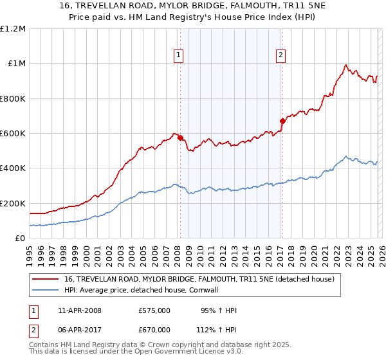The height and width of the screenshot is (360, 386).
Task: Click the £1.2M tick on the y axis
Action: (13, 28)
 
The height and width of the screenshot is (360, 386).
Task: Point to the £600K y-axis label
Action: (13, 133)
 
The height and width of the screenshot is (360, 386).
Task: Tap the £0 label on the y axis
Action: (19, 238)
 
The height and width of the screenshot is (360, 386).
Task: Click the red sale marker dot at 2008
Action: (180, 138)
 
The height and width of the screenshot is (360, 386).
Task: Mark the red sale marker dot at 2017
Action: (282, 121)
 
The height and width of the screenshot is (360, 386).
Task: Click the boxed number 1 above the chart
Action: (178, 56)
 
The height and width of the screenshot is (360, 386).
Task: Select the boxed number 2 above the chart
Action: (281, 56)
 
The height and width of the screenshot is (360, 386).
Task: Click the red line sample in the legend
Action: (46, 280)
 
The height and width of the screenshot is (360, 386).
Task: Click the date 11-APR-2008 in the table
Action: (80, 310)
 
